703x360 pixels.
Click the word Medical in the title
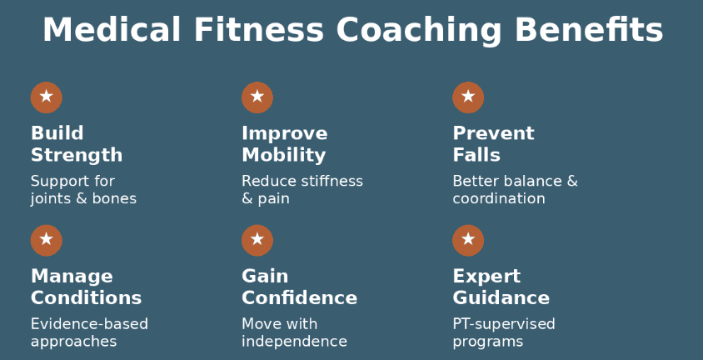[x=112, y=31]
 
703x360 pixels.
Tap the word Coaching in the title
[x=419, y=31]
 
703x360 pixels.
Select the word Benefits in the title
[x=589, y=31]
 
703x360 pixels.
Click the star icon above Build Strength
[x=47, y=97]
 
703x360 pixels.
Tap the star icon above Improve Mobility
[x=257, y=97]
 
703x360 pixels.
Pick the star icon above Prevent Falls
[x=468, y=97]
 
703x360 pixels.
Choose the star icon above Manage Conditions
[x=47, y=240]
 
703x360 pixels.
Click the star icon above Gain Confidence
[x=257, y=240]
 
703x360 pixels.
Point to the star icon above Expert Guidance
[x=468, y=240]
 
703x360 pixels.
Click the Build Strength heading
[x=77, y=144]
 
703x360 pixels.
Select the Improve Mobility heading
[x=284, y=144]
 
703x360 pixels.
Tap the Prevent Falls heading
[x=493, y=144]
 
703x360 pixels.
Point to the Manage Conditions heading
[x=86, y=287]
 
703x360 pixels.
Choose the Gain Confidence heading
[x=299, y=287]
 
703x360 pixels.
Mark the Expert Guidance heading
[x=501, y=287]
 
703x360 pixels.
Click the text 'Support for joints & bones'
[x=83, y=190]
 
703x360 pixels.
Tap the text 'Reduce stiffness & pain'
[x=302, y=190]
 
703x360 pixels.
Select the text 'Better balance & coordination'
[x=515, y=190]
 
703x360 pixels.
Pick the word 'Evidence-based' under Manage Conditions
[x=89, y=324]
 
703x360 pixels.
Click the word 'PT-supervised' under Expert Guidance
[x=504, y=324]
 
